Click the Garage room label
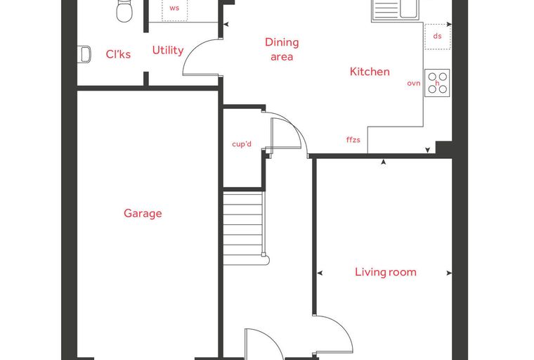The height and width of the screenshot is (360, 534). point(143,214)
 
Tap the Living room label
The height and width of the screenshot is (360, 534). point(386,272)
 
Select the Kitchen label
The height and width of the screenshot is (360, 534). point(370,72)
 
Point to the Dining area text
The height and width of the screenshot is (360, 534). point(282,49)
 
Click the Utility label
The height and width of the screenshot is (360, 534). point(167,51)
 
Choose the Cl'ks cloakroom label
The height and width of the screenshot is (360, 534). point(118,54)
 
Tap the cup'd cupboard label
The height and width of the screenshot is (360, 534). point(242,144)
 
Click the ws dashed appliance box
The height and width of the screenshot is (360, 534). point(174,11)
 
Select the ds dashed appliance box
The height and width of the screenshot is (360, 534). point(438,37)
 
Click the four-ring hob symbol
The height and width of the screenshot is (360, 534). point(437,83)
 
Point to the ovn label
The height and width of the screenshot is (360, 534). point(414,83)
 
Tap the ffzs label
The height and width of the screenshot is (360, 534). point(353,139)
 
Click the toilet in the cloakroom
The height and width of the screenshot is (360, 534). point(124,11)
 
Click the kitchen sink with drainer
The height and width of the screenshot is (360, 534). point(395,11)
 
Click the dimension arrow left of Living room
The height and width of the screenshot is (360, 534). point(320,273)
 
